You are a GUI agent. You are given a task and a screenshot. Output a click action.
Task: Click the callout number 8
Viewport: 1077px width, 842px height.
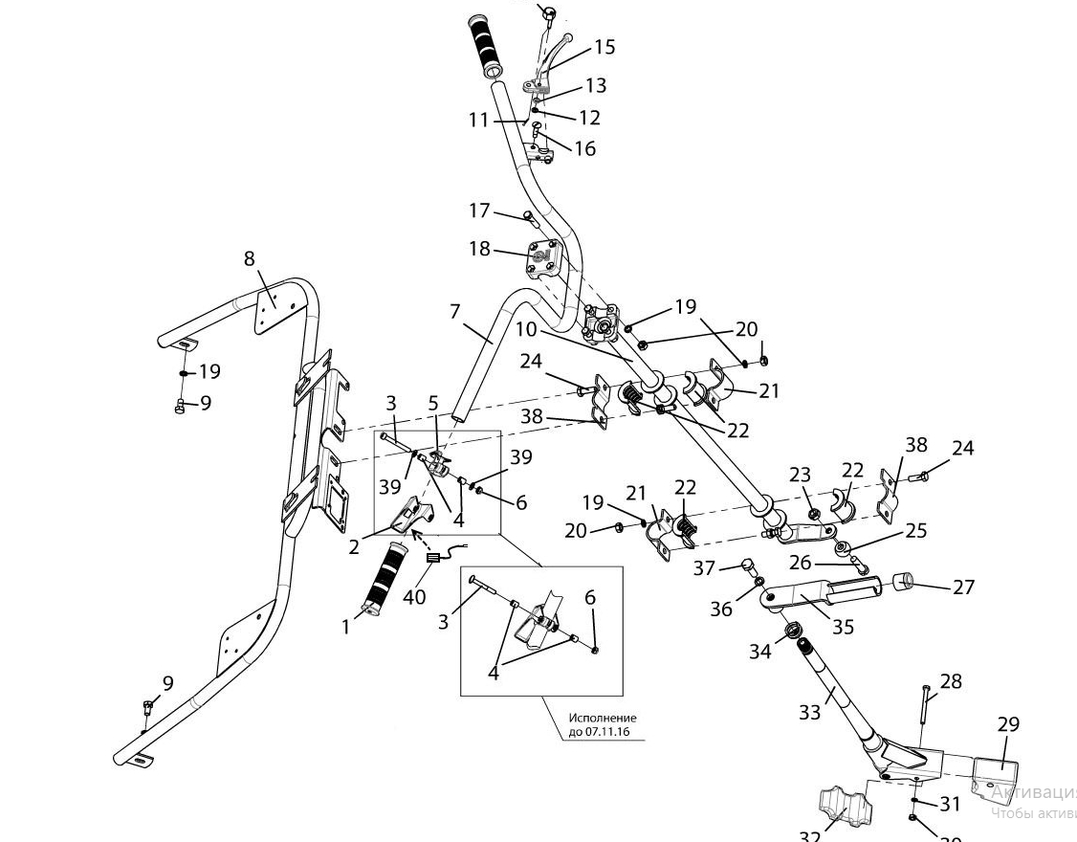tap(250, 258)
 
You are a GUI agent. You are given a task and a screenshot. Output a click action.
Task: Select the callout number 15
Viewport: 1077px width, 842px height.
tap(604, 47)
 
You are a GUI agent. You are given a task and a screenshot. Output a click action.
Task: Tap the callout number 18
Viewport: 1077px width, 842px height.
tap(479, 249)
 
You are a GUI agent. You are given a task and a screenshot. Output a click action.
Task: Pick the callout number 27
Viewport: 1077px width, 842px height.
tap(963, 587)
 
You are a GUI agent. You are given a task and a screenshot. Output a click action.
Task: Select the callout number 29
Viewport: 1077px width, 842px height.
tap(1009, 724)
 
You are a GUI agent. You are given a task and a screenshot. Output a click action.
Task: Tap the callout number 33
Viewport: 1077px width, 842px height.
tap(809, 713)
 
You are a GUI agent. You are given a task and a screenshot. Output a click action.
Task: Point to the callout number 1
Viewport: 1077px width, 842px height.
tap(345, 628)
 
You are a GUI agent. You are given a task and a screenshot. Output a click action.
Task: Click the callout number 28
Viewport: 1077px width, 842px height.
tap(951, 681)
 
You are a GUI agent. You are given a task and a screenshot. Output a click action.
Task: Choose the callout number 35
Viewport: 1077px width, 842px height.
tap(843, 628)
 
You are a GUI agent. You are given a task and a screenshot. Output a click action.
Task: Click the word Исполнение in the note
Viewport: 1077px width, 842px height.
tap(602, 718)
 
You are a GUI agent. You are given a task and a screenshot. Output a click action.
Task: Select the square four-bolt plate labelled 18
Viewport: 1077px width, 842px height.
tap(546, 258)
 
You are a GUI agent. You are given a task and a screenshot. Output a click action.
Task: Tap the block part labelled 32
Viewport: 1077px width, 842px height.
tap(838, 806)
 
